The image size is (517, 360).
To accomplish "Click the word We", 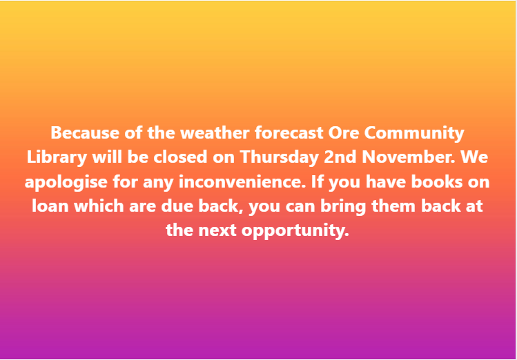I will (x=475, y=157).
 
